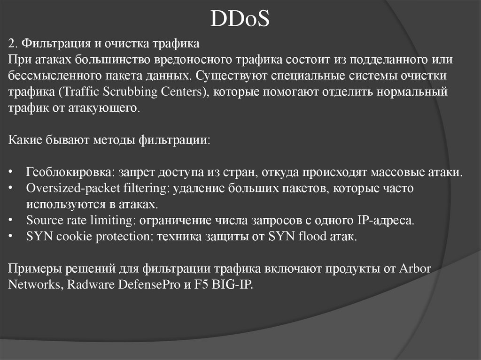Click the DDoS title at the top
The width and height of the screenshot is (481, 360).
(240, 18)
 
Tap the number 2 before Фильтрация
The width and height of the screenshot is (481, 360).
(12, 44)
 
